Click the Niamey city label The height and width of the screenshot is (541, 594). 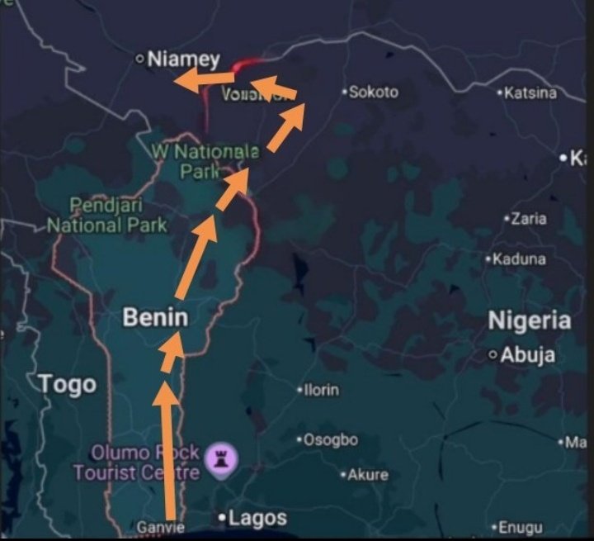pos(183,59)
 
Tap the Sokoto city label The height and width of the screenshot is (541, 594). pos(373,92)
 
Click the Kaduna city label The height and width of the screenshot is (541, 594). pos(518,259)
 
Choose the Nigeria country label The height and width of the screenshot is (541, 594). pos(529,320)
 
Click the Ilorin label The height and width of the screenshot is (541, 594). pos(321,389)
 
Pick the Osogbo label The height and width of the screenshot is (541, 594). pos(330,439)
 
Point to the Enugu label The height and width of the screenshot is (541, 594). pos(520,526)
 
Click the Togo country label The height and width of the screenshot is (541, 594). pos(66,384)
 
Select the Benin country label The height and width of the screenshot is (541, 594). pos(155,317)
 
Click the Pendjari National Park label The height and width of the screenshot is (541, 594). pos(107,215)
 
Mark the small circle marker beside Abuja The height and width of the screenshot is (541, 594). pos(494,355)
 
